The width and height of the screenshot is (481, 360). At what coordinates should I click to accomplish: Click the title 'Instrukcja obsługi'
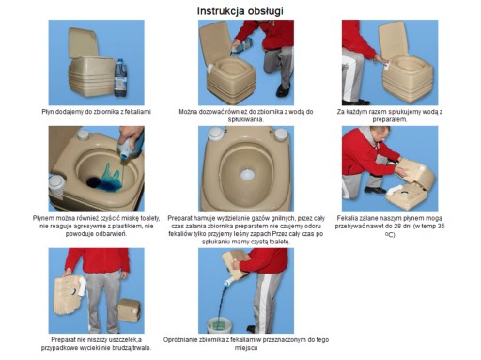[x=240, y=11]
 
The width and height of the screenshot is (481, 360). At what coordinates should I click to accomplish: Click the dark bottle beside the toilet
[x=120, y=78]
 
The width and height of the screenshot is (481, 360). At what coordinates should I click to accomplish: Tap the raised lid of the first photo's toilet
[x=84, y=42]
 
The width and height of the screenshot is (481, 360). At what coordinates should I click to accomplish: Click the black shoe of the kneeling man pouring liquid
[x=283, y=90]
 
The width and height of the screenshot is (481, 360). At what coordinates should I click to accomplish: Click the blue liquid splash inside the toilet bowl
[x=110, y=178]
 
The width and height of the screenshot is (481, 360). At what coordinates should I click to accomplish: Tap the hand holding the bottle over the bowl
[x=131, y=135]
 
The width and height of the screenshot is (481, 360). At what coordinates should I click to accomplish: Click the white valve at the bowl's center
[x=247, y=175]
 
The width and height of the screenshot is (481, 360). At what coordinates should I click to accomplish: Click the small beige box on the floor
[x=129, y=310]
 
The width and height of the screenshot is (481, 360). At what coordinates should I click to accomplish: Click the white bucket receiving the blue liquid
[x=221, y=325]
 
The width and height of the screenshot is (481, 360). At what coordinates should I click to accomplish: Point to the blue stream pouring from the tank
[x=222, y=302]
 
